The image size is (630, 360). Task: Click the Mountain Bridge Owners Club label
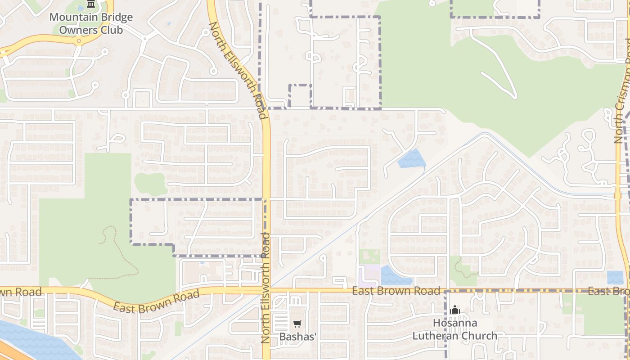91,24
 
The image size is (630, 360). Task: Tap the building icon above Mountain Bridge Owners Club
91,4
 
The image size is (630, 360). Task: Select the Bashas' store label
298,337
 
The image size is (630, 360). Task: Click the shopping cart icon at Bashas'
297,324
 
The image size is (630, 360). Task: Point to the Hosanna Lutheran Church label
455,329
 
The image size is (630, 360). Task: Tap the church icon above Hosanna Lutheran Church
455,310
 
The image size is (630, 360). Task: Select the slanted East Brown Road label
156,302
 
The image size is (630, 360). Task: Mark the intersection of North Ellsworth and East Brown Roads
266,290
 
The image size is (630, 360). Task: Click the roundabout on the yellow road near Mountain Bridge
79,41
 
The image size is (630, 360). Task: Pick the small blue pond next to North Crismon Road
615,277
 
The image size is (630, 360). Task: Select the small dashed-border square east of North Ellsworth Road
300,96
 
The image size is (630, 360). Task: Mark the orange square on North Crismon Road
617,196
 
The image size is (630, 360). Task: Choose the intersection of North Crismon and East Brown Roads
626,290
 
